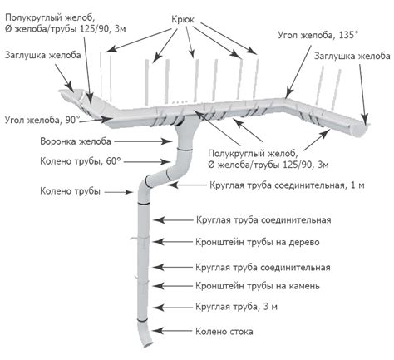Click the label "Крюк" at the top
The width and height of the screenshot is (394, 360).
[183, 20]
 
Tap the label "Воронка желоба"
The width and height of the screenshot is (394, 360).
[76, 141]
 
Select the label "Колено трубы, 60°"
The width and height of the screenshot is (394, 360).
[81, 161]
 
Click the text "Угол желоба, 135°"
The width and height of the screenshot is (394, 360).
[318, 35]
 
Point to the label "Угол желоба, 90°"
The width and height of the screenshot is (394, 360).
[42, 120]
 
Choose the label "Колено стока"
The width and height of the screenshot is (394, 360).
[224, 332]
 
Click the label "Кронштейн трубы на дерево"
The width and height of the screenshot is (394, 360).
[258, 242]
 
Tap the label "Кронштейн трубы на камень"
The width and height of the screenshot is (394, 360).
[258, 286]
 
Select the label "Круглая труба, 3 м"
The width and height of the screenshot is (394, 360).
[236, 307]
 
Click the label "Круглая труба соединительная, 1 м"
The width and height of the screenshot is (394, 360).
[287, 185]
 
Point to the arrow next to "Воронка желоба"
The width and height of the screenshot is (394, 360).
[143, 141]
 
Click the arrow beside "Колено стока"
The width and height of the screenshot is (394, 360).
[172, 331]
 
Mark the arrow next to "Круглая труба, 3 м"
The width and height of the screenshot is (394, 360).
[172, 308]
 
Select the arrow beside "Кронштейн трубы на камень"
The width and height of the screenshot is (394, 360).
[172, 286]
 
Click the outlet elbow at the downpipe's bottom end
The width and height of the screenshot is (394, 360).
[145, 333]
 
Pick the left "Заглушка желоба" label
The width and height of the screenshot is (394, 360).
[43, 55]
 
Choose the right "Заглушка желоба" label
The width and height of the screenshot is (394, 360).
[352, 56]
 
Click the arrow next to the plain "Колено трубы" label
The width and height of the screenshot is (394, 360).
[119, 192]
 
